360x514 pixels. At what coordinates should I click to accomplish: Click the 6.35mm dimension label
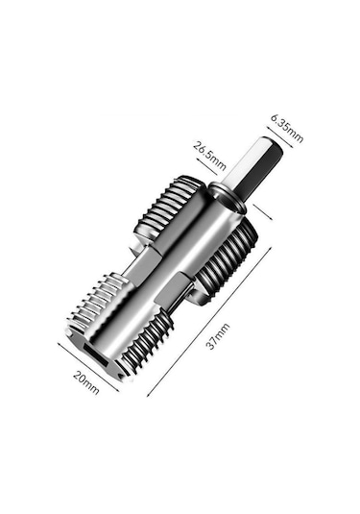287,128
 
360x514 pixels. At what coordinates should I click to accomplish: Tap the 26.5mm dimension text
209,156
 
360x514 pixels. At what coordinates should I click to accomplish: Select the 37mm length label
217,336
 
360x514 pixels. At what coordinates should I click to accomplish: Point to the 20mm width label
85,382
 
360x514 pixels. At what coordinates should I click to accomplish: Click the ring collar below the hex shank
228,197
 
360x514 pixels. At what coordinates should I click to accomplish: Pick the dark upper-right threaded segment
226,262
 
